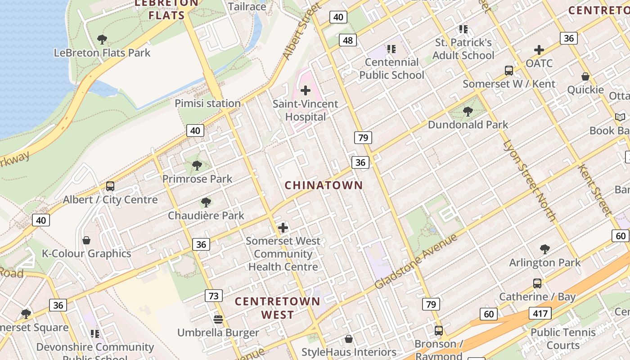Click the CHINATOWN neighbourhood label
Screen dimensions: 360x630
point(324,185)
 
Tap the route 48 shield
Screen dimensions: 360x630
point(348,40)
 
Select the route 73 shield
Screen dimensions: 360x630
point(214,296)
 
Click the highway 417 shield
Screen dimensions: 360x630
point(540,314)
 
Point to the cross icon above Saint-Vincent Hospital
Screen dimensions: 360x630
point(306,90)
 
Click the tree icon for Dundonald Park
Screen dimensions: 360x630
point(468,111)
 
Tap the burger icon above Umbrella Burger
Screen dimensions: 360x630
point(218,319)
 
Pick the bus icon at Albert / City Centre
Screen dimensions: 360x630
point(110,186)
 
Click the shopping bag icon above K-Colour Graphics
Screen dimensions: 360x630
point(86,240)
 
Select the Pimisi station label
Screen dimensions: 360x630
point(207,103)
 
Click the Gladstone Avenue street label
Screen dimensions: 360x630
point(416,261)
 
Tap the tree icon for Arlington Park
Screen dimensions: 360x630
point(545,249)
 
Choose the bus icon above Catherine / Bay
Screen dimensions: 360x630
point(537,283)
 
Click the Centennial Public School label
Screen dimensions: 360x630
point(391,68)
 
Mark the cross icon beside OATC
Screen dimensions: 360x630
point(539,50)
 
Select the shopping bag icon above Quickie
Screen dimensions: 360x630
point(585,76)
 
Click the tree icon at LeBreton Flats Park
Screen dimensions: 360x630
point(102,40)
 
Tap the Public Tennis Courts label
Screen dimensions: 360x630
point(563,339)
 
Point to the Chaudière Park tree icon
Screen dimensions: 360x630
point(206,202)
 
